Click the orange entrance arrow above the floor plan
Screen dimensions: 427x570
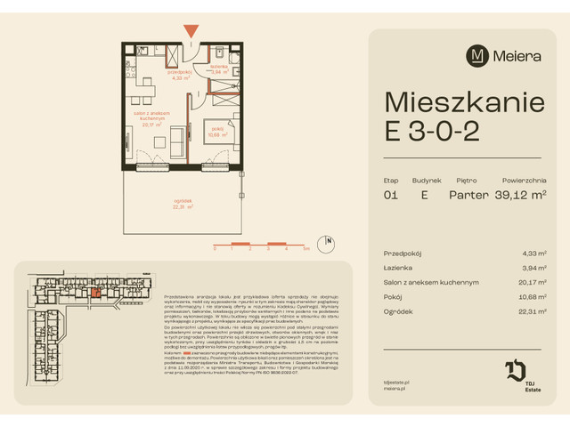point(190,32)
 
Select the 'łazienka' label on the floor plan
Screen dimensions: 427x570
point(219,67)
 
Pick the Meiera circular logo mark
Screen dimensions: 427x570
point(479,55)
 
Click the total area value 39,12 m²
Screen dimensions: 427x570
point(520,195)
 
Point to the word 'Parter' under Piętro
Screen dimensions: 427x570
point(469,195)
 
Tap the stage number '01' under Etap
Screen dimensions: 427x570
point(390,195)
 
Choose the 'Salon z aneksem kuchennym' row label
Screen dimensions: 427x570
point(431,282)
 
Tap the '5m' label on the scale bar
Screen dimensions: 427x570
point(305,250)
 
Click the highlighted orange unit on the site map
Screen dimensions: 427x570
point(95,293)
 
